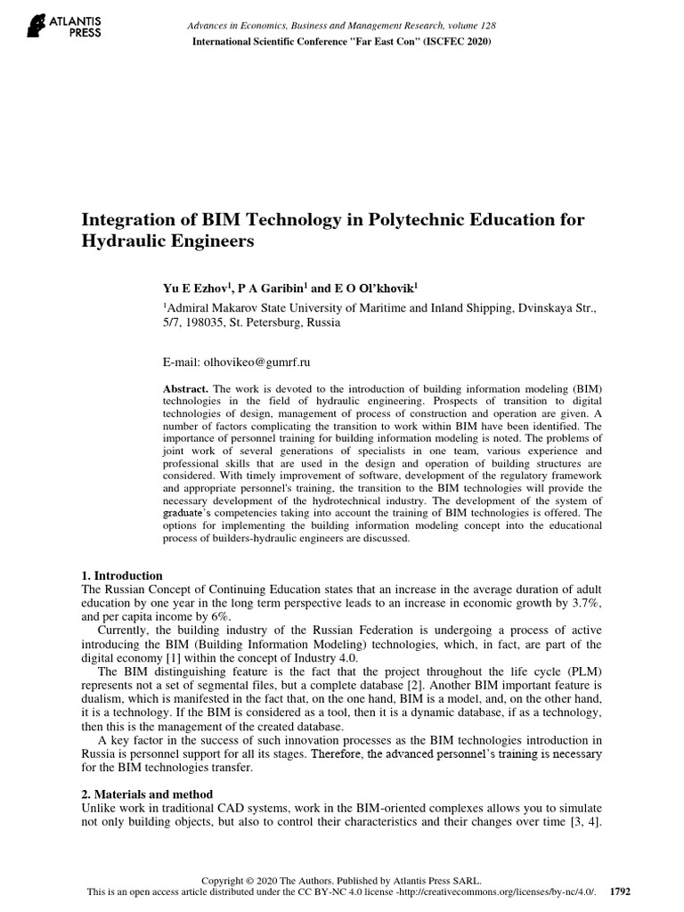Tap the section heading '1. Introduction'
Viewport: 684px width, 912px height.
pos(122,575)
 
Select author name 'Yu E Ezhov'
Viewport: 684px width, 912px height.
pos(190,288)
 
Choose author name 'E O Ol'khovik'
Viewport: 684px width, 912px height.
pos(375,288)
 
